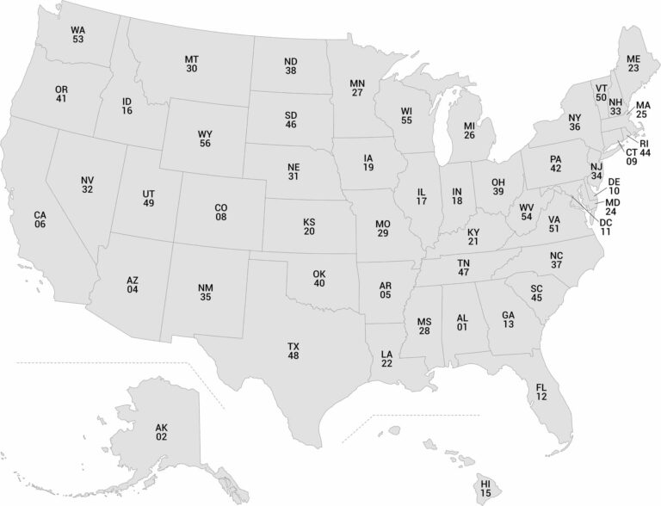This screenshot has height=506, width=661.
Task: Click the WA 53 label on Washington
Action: click(78, 34)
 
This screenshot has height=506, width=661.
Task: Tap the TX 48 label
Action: click(293, 350)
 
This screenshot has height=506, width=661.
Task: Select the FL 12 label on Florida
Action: click(541, 391)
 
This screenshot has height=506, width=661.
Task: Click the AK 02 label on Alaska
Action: click(162, 432)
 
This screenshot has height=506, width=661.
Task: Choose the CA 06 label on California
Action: click(40, 219)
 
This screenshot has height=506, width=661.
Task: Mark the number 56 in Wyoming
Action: click(204, 144)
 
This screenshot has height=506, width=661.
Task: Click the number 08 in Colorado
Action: click(221, 217)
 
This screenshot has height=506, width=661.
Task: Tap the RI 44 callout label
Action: click(645, 148)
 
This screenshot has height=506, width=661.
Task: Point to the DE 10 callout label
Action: click(614, 186)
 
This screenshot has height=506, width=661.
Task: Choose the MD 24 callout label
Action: click(611, 206)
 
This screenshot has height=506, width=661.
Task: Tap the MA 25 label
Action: click(642, 109)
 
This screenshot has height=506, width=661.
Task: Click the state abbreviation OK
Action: click(319, 275)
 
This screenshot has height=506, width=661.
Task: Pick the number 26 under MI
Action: click(469, 135)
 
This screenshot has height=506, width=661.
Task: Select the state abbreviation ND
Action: click(290, 62)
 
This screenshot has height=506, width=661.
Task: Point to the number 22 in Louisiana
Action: click(387, 364)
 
